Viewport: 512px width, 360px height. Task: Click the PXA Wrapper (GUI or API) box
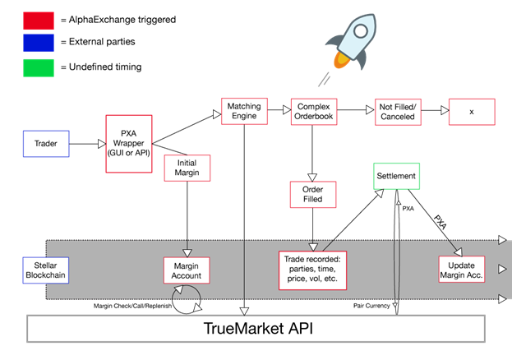point(129,144)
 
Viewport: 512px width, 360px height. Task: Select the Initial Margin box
point(186,168)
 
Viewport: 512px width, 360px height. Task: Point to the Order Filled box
point(312,194)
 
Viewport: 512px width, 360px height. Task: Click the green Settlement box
point(396,177)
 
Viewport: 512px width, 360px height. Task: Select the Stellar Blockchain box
point(46,269)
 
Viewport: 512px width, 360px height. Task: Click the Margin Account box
point(187,270)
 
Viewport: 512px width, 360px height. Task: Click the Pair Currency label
point(370,307)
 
